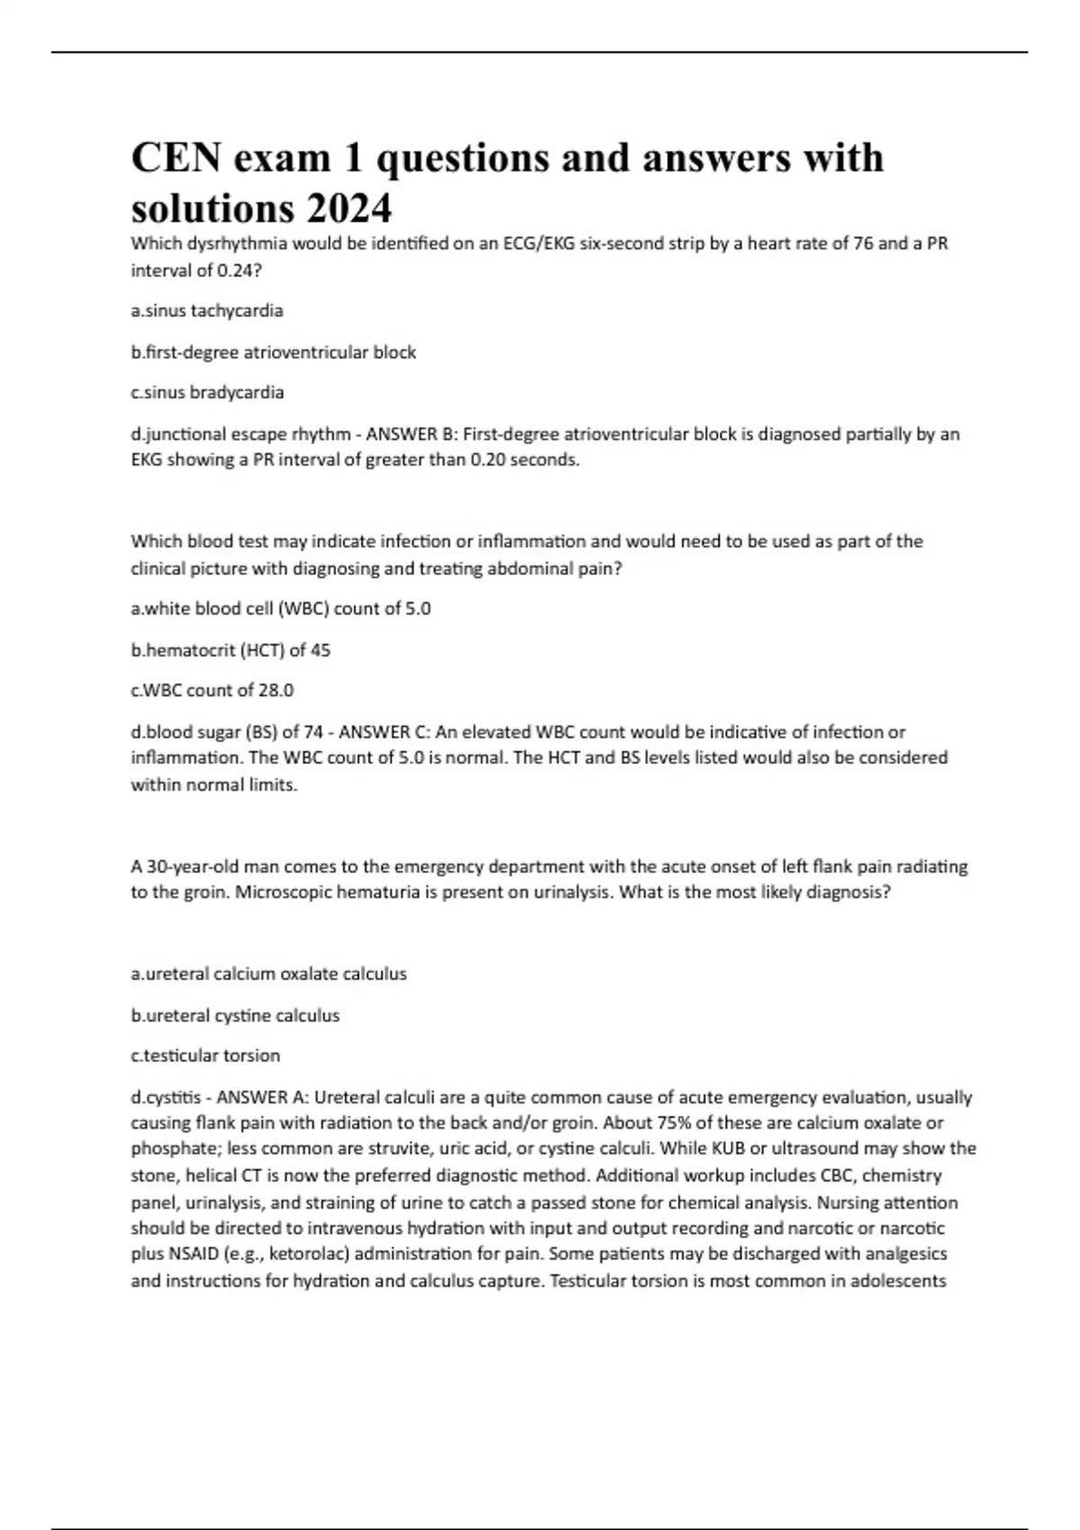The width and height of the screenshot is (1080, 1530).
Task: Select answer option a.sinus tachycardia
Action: pyautogui.click(x=207, y=310)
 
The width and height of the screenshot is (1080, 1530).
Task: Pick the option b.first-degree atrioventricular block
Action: pyautogui.click(x=274, y=352)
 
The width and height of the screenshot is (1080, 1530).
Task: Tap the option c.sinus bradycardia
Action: pyautogui.click(x=207, y=392)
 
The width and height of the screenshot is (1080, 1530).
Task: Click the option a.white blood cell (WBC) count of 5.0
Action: pyautogui.click(x=281, y=608)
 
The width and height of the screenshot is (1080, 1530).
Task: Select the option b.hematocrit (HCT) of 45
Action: pyautogui.click(x=230, y=650)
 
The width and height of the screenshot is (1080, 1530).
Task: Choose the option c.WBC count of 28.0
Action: pyautogui.click(x=212, y=690)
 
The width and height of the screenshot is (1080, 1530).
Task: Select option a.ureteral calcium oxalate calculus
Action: pyautogui.click(x=269, y=974)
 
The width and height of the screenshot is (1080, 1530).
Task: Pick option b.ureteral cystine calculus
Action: pyautogui.click(x=235, y=1015)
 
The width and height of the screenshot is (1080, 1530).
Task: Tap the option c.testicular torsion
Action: pyautogui.click(x=205, y=1056)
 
